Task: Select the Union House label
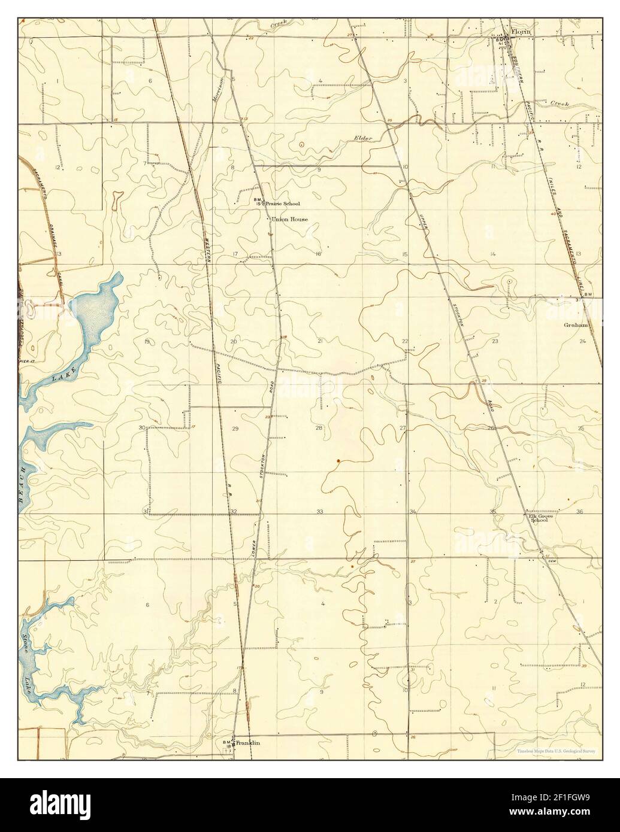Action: pos(289,220)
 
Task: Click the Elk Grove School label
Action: pos(538,518)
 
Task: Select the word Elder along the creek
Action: pos(363,139)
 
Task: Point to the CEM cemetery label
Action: pos(552,561)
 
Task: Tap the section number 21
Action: pos(320,341)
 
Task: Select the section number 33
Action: pos(320,512)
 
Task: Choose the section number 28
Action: pos(319,428)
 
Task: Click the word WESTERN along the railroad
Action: pos(208,245)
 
